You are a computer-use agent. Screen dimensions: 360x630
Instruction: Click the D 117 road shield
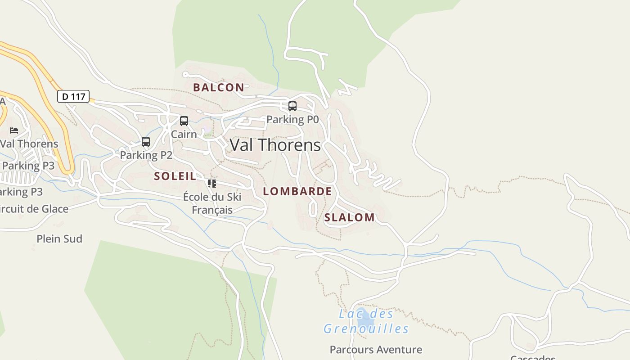point(73,96)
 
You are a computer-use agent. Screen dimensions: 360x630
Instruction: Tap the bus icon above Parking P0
point(292,106)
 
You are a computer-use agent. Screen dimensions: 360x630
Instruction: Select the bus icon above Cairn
point(184,121)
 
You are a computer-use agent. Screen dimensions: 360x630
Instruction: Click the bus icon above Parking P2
point(145,141)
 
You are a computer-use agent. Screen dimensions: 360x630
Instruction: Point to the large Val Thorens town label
point(275,145)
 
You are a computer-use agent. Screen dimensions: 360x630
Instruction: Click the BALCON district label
point(218,87)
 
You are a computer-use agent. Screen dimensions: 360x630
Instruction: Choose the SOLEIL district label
point(175,176)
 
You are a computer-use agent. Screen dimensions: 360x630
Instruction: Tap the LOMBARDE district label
point(297,191)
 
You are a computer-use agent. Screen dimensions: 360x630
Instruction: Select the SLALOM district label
point(349,217)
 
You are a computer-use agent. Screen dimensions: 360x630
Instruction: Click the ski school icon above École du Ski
point(211,183)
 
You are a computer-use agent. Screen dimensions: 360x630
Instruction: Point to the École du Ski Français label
point(212,203)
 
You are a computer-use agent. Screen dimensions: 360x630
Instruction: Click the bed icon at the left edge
point(14,130)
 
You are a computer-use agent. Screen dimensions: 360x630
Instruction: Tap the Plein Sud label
point(59,238)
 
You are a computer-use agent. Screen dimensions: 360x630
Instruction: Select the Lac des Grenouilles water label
point(366,321)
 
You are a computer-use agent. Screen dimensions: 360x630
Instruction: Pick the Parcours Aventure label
point(376,349)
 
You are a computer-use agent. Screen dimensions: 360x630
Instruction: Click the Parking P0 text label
point(292,119)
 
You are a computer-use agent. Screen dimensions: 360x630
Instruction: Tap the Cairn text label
point(184,134)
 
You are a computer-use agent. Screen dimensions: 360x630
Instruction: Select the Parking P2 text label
point(146,155)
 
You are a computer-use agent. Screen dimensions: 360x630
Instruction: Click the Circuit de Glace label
point(34,209)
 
